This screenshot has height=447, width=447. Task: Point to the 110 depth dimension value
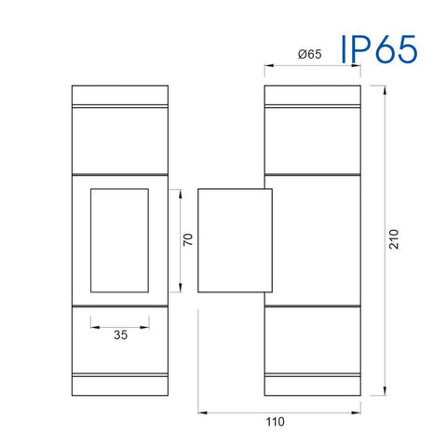276,422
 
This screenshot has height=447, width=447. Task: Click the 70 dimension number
187,240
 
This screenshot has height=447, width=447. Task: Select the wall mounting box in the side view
235,239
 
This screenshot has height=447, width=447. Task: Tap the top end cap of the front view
119,97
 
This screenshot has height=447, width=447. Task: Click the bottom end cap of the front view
119,384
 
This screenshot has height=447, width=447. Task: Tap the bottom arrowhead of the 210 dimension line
383,391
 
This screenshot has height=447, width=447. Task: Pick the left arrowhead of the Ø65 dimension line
267,66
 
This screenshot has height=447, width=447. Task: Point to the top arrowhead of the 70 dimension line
177,192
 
